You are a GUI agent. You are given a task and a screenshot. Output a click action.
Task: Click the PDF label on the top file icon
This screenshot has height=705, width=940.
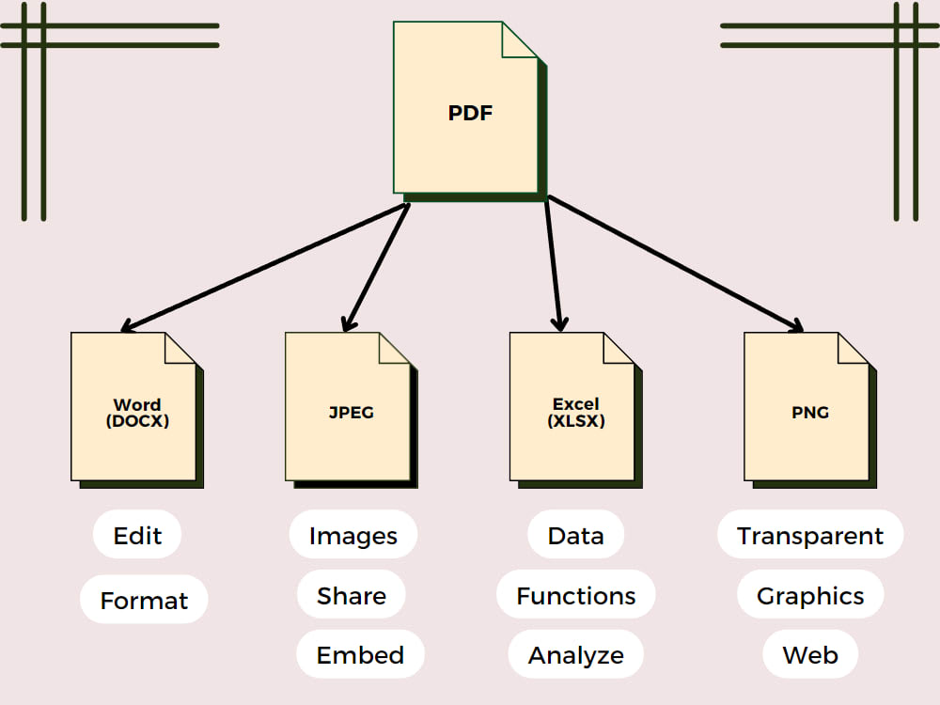[470, 114]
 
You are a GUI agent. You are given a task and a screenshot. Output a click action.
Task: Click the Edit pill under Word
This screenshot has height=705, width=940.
[137, 536]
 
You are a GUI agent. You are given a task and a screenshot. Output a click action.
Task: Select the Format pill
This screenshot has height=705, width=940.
[144, 600]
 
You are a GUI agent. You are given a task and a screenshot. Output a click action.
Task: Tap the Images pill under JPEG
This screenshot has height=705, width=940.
[353, 536]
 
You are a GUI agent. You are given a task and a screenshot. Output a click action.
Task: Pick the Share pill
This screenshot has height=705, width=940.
[352, 596]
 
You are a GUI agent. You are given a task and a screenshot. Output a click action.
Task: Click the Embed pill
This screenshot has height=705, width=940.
[360, 655]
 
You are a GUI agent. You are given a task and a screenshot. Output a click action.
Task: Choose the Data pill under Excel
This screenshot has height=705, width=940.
[575, 536]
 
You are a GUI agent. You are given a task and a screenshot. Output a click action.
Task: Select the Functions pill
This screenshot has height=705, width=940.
[575, 596]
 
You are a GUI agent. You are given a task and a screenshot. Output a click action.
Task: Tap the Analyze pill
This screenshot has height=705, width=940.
[575, 655]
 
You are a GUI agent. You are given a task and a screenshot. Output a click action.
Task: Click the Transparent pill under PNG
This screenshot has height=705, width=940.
[809, 536]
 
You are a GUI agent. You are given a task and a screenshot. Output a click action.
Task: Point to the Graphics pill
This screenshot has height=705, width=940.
[809, 596]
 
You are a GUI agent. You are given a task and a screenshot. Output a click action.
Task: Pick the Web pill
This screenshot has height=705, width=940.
[809, 655]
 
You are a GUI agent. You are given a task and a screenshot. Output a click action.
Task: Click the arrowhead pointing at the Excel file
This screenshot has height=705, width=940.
[559, 323]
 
